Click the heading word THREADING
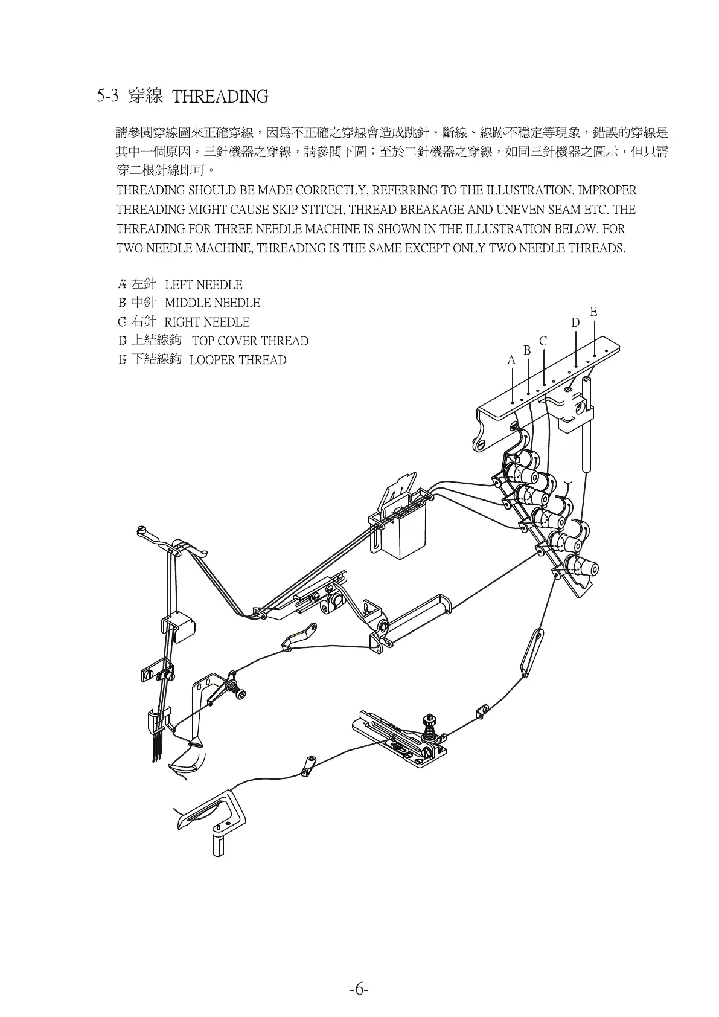pos(220,97)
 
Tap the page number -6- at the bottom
pos(359,990)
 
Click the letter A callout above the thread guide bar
pos(511,360)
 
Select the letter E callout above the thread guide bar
pos(593,312)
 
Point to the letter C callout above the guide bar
pos(543,341)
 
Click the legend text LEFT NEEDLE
pos(203,285)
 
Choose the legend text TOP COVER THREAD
pos(250,341)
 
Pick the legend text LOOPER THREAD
pos(238,360)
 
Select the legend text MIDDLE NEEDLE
pos(213,303)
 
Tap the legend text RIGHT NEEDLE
pos(206,322)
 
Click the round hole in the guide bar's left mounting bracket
pos(481,444)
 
